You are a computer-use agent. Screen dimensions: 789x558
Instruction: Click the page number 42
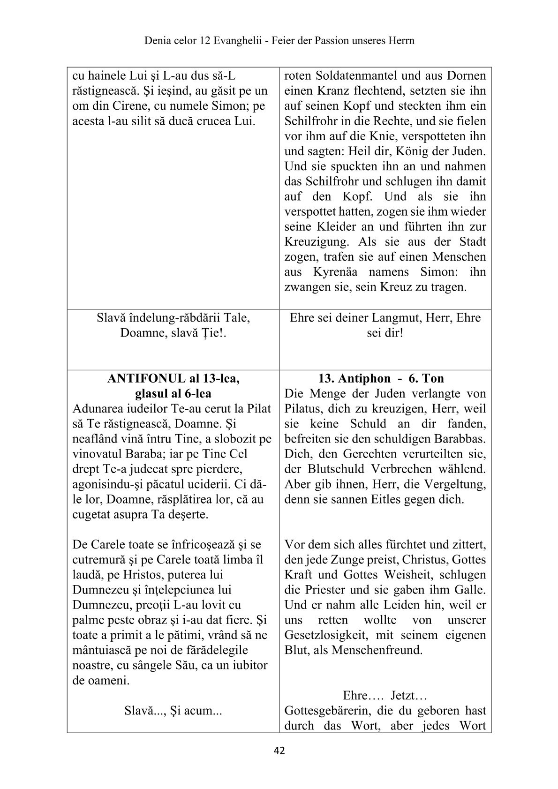pyautogui.click(x=279, y=751)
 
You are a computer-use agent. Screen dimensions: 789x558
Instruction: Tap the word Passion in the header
pyautogui.click(x=327, y=40)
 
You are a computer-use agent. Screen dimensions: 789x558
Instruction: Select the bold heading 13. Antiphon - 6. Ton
pyautogui.click(x=381, y=378)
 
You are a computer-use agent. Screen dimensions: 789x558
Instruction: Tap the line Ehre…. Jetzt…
pyautogui.click(x=385, y=695)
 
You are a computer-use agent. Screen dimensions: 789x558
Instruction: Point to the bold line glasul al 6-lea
pyautogui.click(x=173, y=393)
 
